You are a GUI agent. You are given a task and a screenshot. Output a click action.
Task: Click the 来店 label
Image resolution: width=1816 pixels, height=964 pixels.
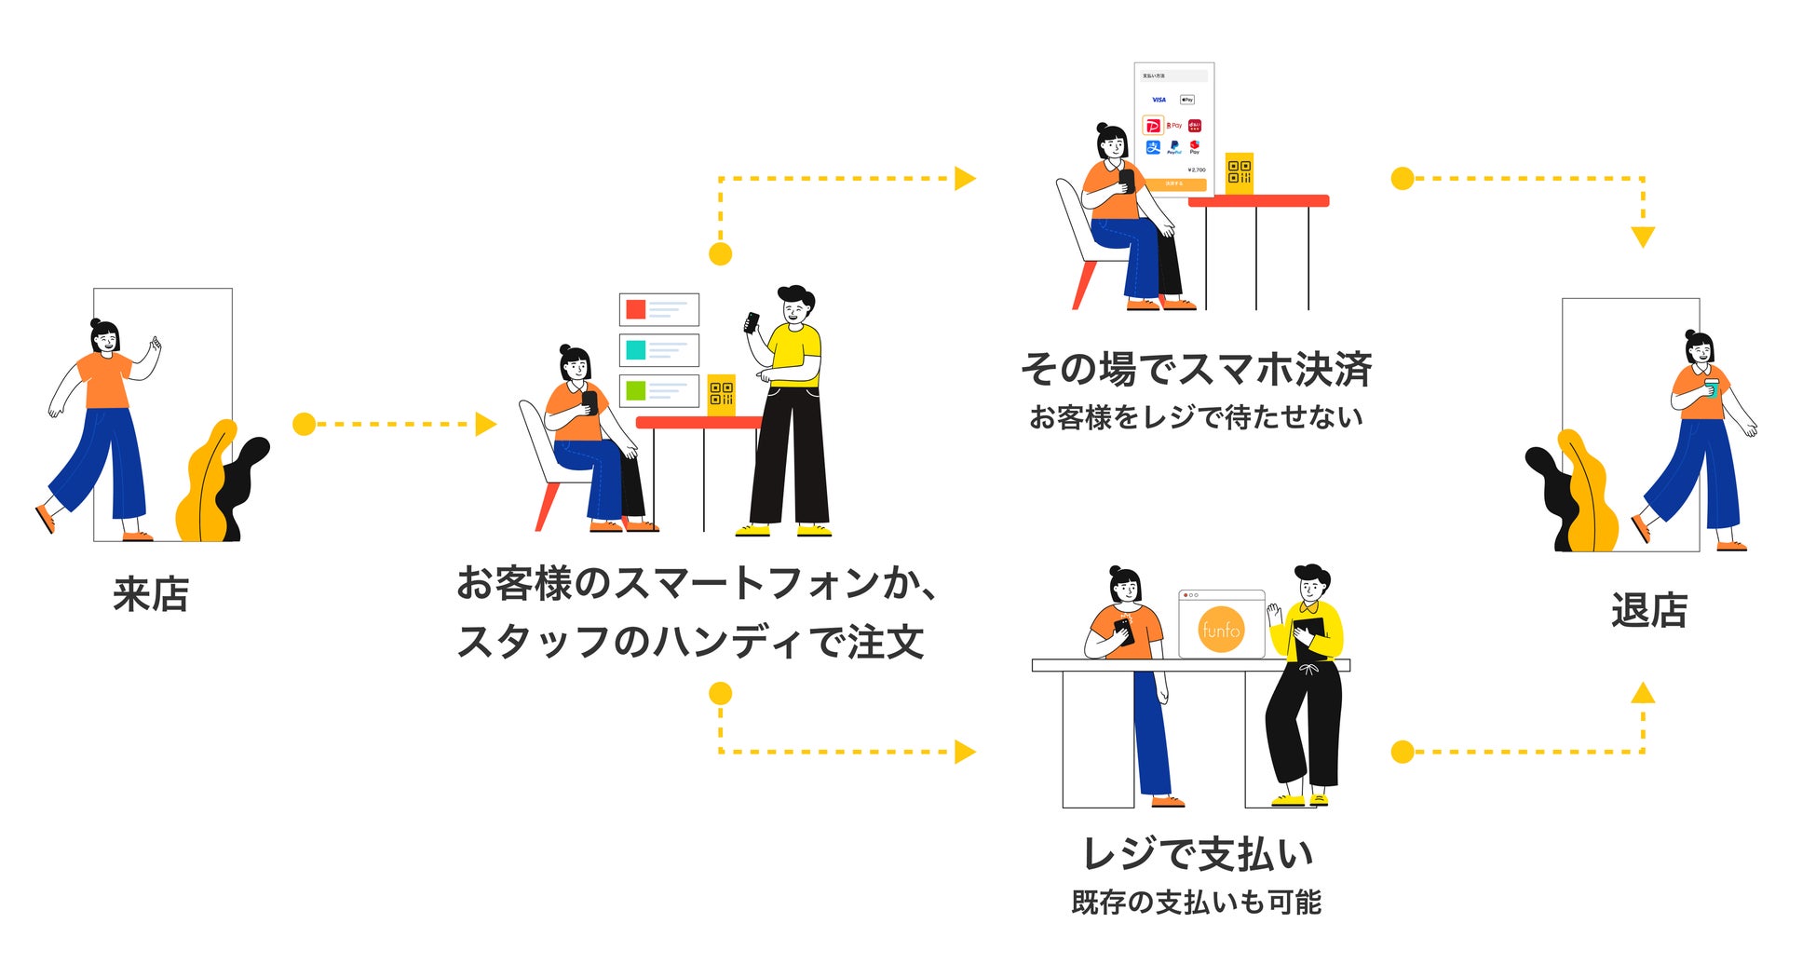151,594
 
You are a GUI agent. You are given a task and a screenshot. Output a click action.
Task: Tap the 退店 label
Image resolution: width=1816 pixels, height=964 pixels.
1648,610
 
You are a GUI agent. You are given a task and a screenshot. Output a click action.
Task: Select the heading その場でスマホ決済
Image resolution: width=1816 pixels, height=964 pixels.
1196,369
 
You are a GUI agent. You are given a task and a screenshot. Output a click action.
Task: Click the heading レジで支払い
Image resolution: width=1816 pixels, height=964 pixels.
1198,853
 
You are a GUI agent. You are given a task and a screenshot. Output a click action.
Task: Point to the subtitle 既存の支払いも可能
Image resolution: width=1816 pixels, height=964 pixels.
1197,902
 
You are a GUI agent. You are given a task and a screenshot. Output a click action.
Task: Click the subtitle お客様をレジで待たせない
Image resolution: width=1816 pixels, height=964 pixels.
1196,416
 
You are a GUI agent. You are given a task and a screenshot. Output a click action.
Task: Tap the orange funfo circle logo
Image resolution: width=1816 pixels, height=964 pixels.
1221,630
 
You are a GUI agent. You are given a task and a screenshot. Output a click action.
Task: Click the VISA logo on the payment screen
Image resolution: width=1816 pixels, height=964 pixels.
1159,100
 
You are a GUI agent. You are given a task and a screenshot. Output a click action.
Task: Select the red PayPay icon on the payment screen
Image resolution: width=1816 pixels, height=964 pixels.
1153,126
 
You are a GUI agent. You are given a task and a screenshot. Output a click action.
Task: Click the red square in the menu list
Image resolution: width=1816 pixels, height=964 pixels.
636,309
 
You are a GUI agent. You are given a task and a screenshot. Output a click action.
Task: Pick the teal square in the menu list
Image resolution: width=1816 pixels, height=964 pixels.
636,350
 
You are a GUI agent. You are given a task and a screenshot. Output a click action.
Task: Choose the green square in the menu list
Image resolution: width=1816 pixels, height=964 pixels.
636,390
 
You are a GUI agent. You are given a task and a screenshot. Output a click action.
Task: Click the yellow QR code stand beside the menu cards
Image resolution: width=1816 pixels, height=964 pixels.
721,394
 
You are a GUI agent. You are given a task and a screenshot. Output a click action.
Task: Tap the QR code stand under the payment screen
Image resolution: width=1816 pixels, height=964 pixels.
1239,172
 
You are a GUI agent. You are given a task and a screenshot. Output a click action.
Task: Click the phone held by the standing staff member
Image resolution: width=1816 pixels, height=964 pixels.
752,322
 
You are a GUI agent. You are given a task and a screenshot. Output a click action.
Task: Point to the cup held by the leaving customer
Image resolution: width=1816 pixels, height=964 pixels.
1711,387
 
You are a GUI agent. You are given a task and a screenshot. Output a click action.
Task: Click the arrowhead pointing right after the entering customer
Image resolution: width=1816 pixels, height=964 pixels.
485,425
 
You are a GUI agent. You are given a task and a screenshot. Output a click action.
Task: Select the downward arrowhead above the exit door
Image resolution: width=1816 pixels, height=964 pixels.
1643,237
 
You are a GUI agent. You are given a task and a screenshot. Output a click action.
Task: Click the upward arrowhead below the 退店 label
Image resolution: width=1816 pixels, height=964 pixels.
1643,693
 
